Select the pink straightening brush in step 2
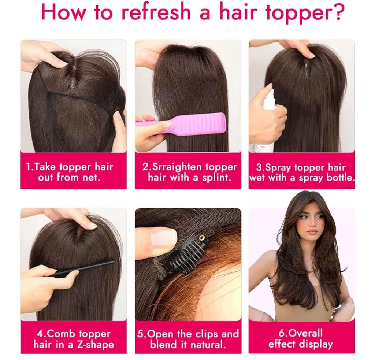[x=181, y=124]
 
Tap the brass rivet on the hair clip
[x=202, y=238]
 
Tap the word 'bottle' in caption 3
[x=340, y=178]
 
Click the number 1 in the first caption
[x=29, y=167]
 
